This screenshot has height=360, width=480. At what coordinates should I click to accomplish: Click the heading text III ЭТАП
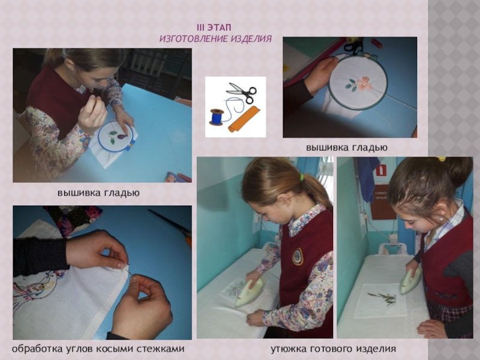[x=214, y=28]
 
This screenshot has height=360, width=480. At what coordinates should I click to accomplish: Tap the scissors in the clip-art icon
[x=241, y=92]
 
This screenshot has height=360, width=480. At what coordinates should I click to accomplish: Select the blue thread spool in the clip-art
[x=217, y=116]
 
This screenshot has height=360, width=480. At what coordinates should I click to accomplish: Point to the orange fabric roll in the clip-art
[x=244, y=119]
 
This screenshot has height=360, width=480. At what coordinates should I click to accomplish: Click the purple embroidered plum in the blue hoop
[x=122, y=136]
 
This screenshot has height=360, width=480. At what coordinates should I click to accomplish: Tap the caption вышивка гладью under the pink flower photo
[x=347, y=148]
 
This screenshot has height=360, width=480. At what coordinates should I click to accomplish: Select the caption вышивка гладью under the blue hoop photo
[x=98, y=193]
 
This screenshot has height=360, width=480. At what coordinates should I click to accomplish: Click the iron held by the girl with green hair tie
[x=250, y=292]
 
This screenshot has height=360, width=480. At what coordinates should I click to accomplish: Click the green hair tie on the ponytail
[x=302, y=176]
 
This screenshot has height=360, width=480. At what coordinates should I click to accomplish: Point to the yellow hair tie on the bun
[x=442, y=159]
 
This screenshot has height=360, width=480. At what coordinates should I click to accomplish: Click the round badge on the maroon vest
[x=298, y=257]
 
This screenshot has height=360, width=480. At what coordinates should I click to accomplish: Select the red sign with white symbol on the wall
[x=381, y=170]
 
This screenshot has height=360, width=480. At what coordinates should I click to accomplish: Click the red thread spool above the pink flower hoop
[x=377, y=43]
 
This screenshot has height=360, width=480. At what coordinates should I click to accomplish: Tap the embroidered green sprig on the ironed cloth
[x=383, y=298]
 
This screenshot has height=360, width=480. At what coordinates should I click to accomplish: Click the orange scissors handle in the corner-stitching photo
[x=188, y=240]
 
